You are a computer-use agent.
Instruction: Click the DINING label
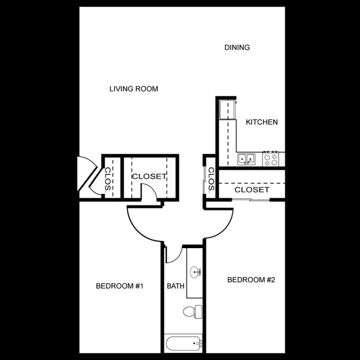237,48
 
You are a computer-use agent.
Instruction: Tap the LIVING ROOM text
133,89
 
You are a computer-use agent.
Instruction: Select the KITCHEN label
261,122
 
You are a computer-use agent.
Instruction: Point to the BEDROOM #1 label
120,286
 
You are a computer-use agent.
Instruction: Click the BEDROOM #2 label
251,280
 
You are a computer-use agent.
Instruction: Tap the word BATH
176,286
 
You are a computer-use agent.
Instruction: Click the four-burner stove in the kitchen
271,159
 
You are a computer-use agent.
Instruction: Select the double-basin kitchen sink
246,159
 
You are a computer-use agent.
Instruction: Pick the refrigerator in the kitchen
227,109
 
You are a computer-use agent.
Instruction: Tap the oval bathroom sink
195,272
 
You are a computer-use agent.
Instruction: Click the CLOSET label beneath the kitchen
251,189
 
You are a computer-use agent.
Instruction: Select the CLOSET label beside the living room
148,176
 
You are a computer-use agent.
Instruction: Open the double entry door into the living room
88,175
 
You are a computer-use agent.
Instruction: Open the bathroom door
174,254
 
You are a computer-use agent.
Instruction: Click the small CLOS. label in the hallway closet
211,179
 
